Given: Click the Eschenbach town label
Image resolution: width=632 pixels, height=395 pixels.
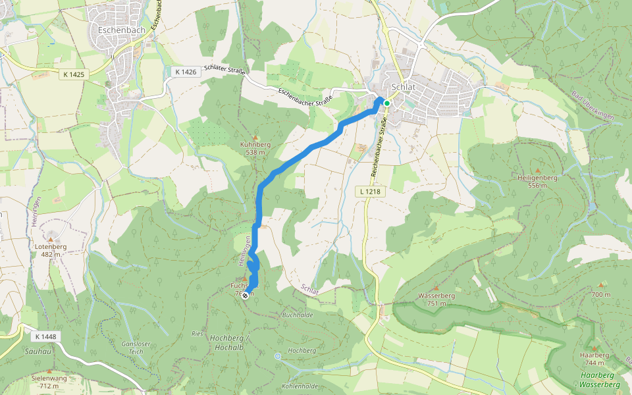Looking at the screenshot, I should pyautogui.click(x=116, y=30).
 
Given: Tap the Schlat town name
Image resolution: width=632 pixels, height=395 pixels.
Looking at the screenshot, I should pyautogui.click(x=402, y=86).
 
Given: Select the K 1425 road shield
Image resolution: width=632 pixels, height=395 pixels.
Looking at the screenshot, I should pyautogui.click(x=74, y=74).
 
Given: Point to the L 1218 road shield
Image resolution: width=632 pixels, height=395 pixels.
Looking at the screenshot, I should pyautogui.click(x=370, y=191).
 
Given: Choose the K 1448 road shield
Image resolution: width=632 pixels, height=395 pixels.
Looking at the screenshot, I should pyautogui.click(x=45, y=336).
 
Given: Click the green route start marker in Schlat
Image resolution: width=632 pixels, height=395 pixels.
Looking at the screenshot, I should pyautogui.click(x=387, y=103).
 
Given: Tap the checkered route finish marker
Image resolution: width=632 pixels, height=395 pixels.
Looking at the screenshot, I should pyautogui.click(x=245, y=296).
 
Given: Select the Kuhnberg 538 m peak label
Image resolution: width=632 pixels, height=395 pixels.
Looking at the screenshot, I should pyautogui.click(x=255, y=148).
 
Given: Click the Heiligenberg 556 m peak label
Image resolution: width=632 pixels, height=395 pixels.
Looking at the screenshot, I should pyautogui.click(x=537, y=182).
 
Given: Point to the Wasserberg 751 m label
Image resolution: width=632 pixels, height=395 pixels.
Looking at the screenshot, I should pyautogui.click(x=436, y=300).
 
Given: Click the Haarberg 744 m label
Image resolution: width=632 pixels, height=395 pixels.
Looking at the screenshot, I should pyautogui.click(x=594, y=359).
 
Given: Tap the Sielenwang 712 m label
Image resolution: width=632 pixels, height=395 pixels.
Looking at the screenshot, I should pyautogui.click(x=49, y=382).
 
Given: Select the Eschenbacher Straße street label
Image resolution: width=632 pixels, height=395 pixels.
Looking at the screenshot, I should pyautogui.click(x=305, y=97).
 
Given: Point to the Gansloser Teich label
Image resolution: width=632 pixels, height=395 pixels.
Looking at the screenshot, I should pyautogui.click(x=136, y=348).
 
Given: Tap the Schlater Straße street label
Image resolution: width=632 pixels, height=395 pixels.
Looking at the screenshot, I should pyautogui.click(x=224, y=71).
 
